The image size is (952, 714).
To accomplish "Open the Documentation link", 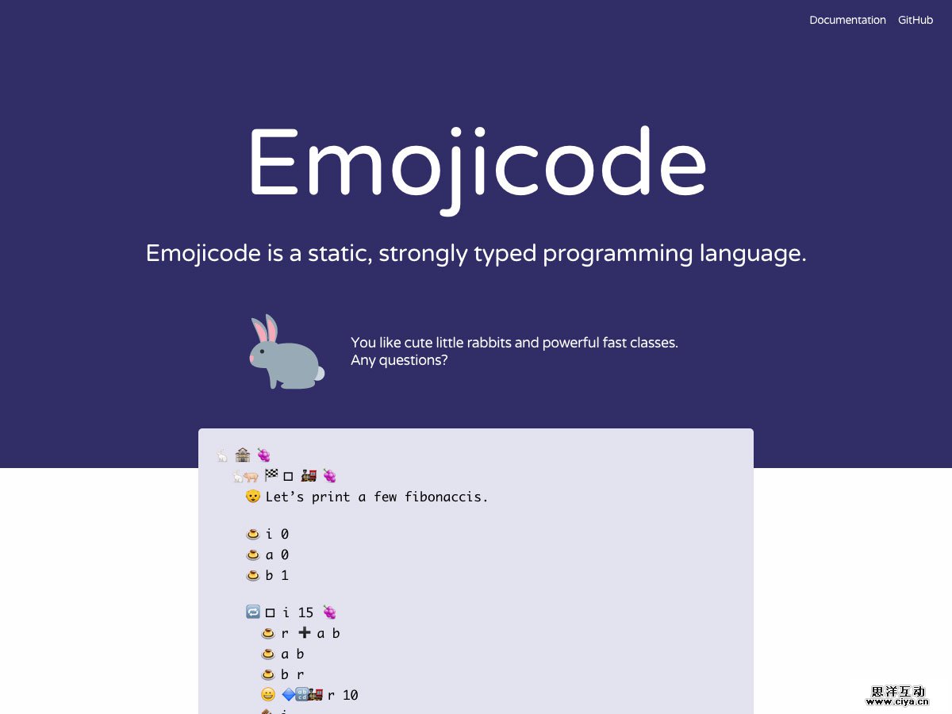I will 847,20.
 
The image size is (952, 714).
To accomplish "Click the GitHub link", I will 916,20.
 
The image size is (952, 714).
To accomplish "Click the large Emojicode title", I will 476,164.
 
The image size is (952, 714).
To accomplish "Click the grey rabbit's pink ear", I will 271,329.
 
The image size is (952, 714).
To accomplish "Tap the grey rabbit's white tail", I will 319,373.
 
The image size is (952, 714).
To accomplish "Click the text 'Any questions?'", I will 399,360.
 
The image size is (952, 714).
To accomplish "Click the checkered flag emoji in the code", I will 271,475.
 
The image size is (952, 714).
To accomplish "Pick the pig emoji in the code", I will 251,476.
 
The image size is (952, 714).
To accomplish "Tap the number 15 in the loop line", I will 305,612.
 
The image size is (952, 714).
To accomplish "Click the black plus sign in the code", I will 305,632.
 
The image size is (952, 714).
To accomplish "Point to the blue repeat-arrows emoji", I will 253,612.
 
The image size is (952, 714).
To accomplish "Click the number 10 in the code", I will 350,695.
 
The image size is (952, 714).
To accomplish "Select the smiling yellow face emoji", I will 268,694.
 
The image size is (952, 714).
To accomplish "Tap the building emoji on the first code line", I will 243,455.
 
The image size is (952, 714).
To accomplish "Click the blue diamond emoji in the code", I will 289,694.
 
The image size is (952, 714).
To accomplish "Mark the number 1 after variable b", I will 285,575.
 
